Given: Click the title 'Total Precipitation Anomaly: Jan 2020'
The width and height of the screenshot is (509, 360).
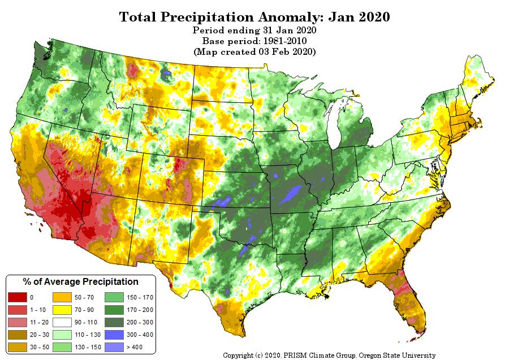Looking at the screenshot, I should coord(255,17).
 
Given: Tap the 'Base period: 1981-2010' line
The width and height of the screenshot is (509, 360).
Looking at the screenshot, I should coord(255,41).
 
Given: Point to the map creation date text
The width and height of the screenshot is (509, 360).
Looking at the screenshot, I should coord(255,51).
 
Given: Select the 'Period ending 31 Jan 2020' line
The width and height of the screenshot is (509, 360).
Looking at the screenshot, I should coord(255,31).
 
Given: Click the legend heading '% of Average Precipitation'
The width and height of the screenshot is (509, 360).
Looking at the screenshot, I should coord(80,281).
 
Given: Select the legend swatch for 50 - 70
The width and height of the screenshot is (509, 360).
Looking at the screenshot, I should coord(61,297).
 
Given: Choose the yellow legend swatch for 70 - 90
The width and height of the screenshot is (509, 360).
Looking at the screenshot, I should coord(61,310).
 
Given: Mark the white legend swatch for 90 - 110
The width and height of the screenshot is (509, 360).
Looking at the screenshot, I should coord(61,322).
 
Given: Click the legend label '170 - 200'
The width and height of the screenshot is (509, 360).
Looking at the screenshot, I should coord(140,310).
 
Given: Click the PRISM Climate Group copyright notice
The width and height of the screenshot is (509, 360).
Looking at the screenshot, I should coord(329,355).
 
